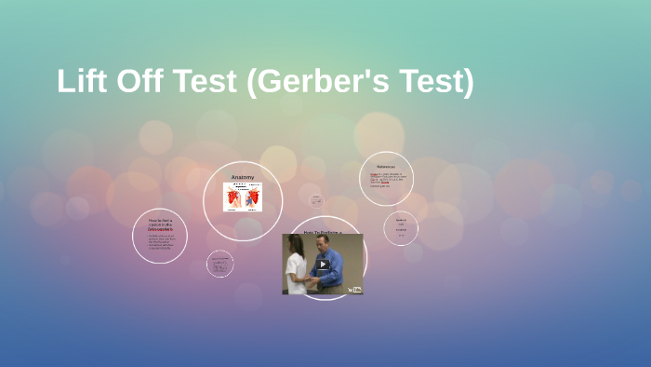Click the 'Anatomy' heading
point(243,177)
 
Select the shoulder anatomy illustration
point(243,197)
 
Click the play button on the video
point(323,264)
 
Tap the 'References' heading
point(385,167)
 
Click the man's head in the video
point(327,244)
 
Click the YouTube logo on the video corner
point(354,289)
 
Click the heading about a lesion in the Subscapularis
point(160,224)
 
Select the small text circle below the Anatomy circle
point(220,264)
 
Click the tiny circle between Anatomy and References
point(316,200)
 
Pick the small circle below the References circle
point(401,228)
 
